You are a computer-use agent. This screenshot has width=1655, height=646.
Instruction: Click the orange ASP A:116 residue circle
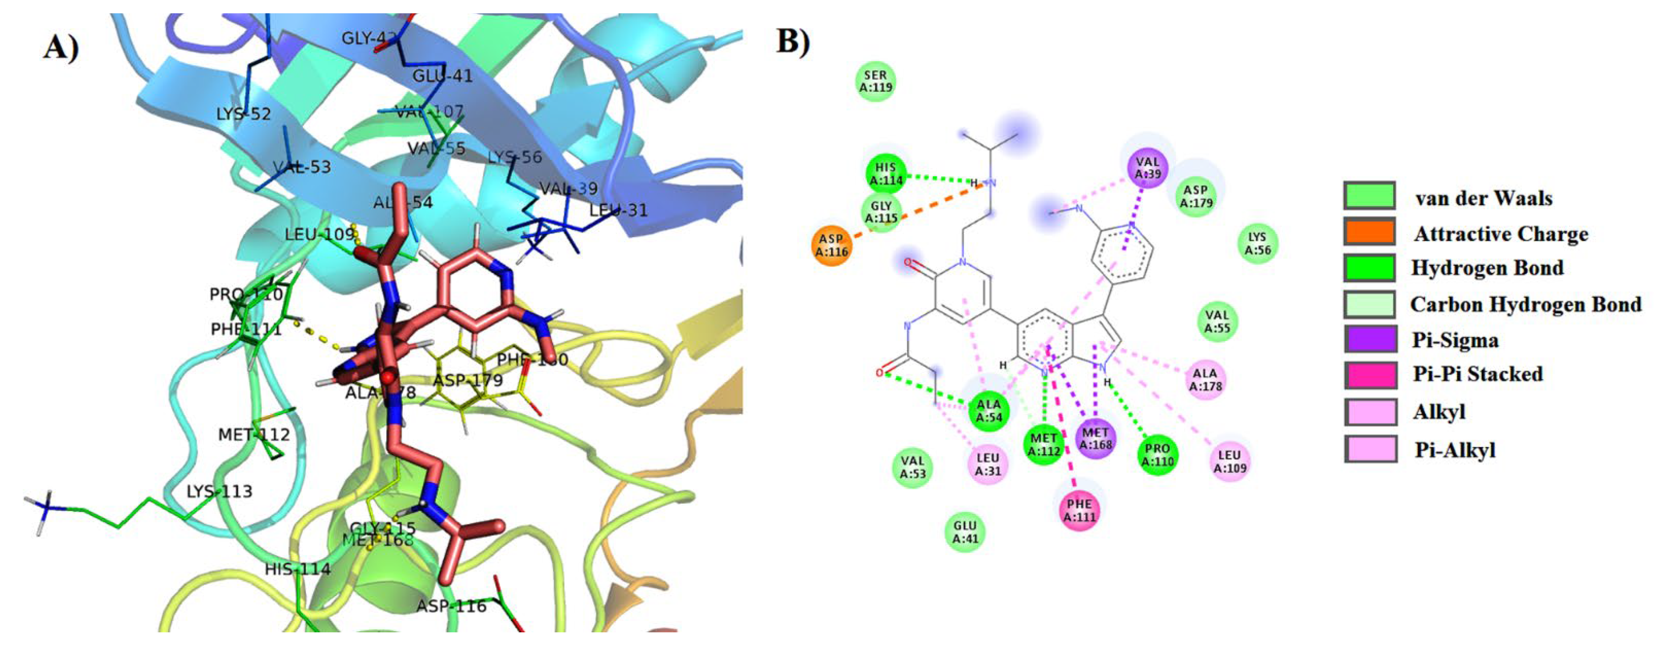[x=832, y=245]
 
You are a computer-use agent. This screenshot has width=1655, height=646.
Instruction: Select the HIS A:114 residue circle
[x=885, y=174]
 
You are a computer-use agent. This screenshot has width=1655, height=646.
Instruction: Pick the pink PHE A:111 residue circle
[x=1079, y=510]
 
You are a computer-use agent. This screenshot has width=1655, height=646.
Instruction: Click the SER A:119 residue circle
[x=876, y=82]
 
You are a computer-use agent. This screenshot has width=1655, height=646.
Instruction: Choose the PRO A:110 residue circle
[x=1157, y=455]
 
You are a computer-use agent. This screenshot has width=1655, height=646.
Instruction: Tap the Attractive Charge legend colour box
[x=1369, y=232]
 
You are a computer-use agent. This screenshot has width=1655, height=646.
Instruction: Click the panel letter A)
[x=62, y=46]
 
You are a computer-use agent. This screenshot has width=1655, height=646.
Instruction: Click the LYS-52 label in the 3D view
[x=244, y=114]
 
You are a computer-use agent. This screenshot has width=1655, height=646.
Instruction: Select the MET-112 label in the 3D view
[x=254, y=435]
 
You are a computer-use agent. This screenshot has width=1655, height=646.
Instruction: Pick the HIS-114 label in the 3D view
[x=298, y=569]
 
